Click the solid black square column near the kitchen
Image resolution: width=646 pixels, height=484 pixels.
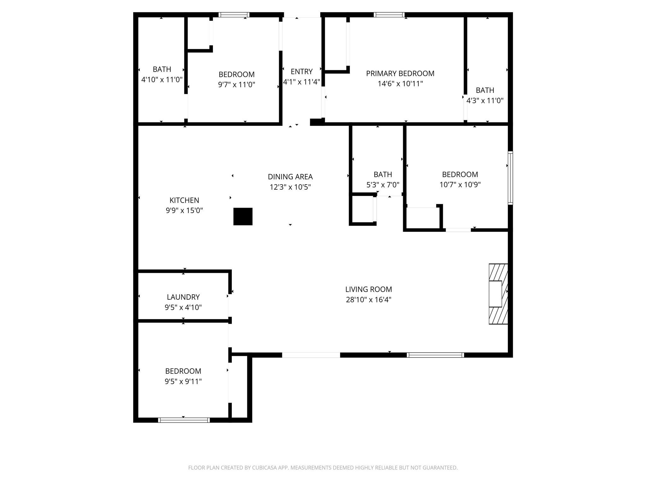coord(243,216)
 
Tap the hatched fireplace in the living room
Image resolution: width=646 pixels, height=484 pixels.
coord(498,294)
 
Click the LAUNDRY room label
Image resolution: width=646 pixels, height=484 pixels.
coord(183,297)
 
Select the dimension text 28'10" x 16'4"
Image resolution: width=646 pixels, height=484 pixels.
coord(368,300)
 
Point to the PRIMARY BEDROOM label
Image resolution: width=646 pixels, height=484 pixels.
coord(400,73)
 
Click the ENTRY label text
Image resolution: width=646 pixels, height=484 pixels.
coord(302,72)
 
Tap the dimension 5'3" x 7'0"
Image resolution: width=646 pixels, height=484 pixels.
coord(383,185)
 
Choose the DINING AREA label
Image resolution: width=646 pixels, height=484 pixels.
coord(290,177)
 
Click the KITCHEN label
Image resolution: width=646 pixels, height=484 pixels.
coord(184,200)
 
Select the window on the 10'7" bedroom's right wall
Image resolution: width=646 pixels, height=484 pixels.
coord(510,178)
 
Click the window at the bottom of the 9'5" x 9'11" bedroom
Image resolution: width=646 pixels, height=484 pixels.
coord(184,420)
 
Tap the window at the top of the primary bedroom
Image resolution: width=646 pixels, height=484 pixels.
coord(389,15)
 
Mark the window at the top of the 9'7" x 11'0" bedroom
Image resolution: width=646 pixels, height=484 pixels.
coord(234,15)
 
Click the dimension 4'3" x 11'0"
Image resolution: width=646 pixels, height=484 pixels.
coord(485,101)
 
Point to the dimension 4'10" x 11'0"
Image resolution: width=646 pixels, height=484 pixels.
coord(162,80)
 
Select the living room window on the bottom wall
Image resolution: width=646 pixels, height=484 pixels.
coord(435,355)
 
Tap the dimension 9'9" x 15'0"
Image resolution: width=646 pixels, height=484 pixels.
coord(184,210)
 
